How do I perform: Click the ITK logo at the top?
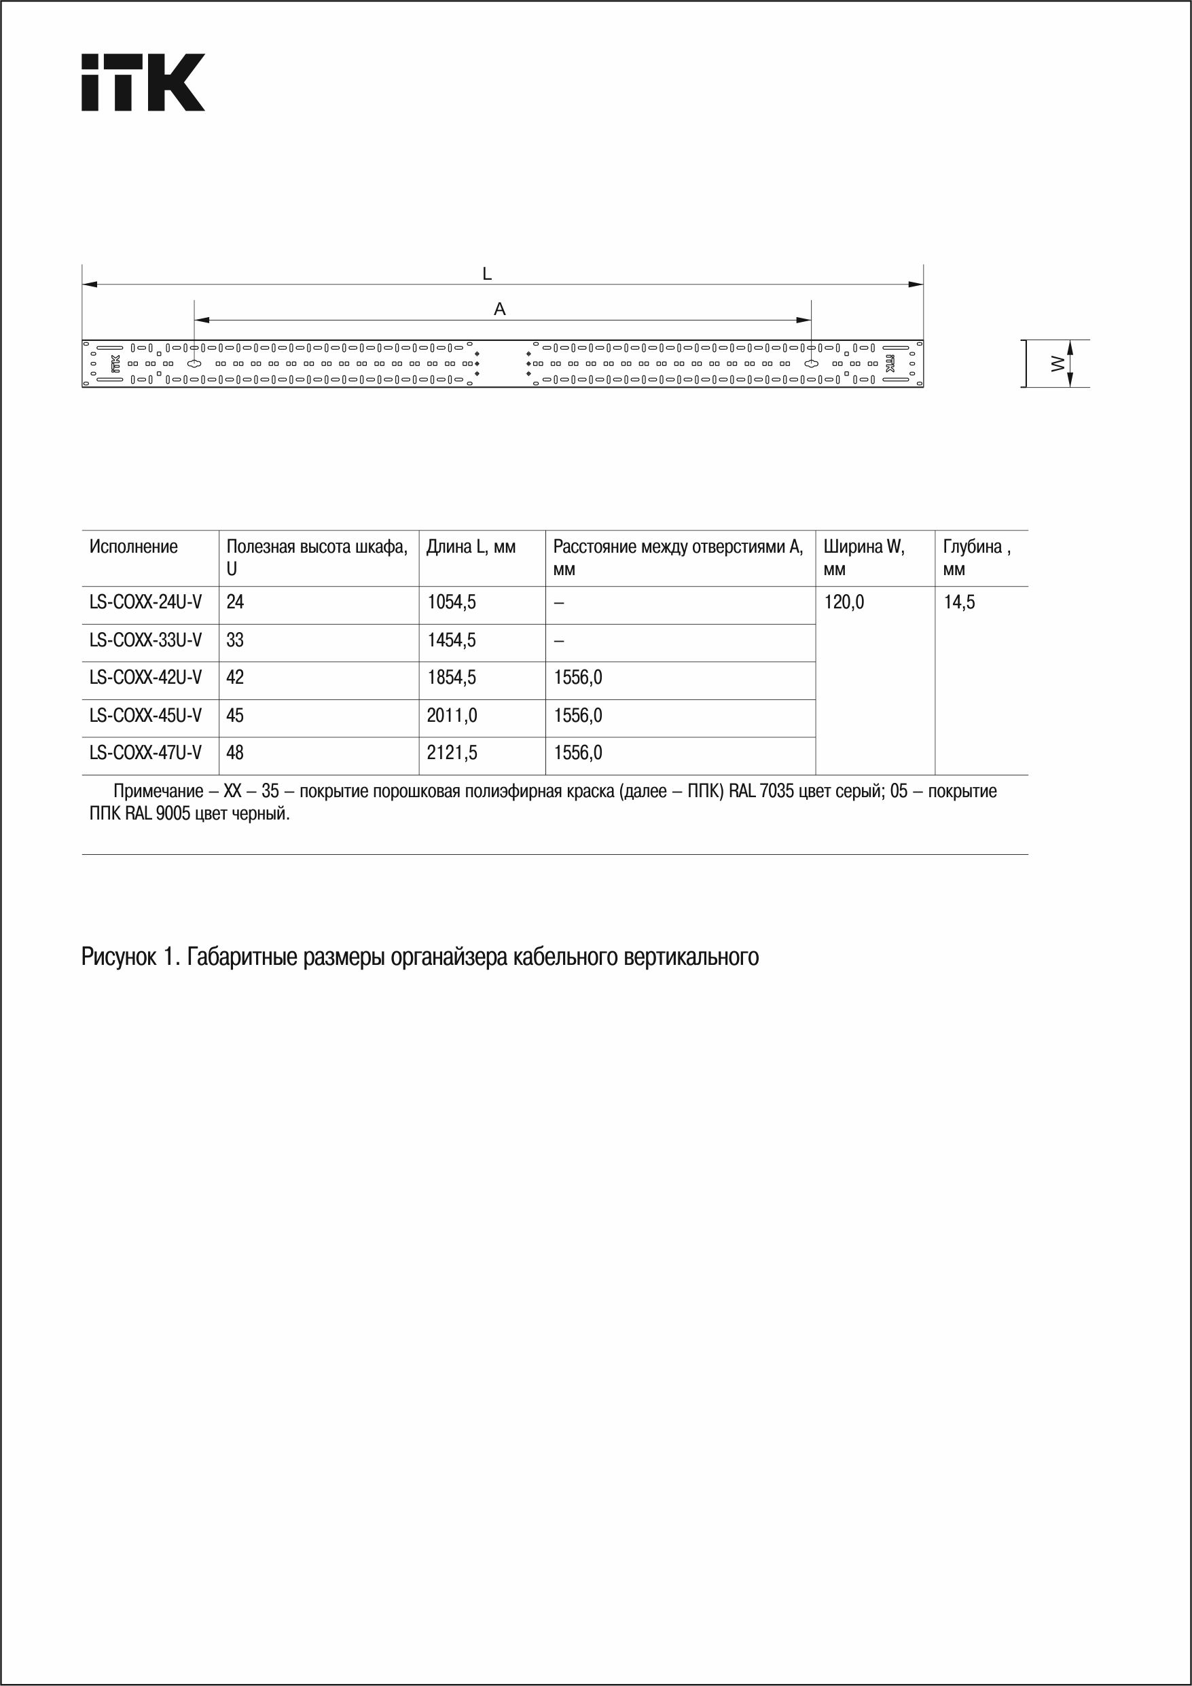click(x=143, y=82)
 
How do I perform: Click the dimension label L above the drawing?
click(x=487, y=274)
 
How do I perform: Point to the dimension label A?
click(x=499, y=309)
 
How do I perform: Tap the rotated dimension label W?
click(x=1057, y=363)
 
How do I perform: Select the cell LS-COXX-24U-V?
click(x=145, y=602)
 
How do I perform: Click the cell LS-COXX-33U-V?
click(x=145, y=640)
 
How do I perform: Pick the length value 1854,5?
click(x=451, y=677)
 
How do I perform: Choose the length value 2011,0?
click(x=452, y=715)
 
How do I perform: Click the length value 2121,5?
click(x=452, y=752)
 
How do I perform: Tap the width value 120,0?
click(x=844, y=602)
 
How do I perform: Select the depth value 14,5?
click(x=959, y=602)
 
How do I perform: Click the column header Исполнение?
click(x=134, y=547)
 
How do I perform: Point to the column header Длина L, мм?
click(x=471, y=547)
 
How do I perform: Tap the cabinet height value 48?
click(x=235, y=752)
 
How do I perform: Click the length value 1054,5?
click(x=451, y=602)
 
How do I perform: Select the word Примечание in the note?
click(x=158, y=792)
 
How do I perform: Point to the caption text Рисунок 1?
click(x=129, y=957)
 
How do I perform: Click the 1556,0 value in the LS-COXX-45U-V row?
click(x=578, y=715)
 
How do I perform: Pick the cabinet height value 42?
click(x=235, y=677)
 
